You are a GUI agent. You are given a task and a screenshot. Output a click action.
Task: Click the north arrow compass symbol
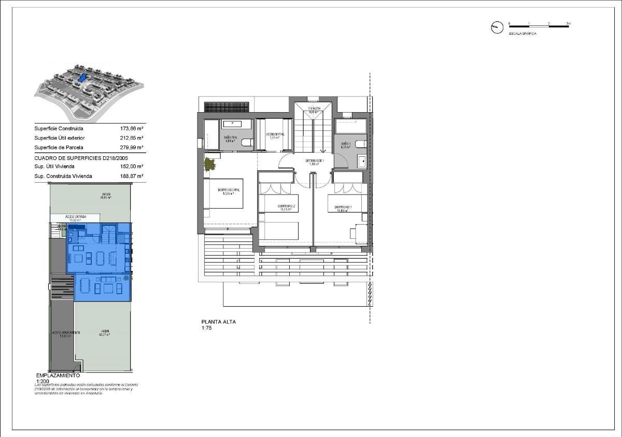coord(497,28)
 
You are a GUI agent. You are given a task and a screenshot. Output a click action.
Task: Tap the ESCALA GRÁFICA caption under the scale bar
coord(522,33)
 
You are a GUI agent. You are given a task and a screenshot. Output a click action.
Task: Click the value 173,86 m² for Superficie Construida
coord(132,129)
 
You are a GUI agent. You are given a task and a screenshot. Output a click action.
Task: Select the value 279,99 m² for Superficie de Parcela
coord(132,147)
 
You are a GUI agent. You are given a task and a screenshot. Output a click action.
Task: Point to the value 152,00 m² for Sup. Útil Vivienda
coord(132,167)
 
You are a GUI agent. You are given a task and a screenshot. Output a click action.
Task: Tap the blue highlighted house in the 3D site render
coord(81,77)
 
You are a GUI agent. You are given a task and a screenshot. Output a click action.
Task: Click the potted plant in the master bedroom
coord(209,165)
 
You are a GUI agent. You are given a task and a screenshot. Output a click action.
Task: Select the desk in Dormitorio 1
coord(361,232)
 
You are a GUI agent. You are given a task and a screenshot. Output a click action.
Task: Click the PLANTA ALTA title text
coord(218,322)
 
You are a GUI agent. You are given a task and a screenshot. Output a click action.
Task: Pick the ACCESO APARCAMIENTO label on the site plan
coord(65,333)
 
